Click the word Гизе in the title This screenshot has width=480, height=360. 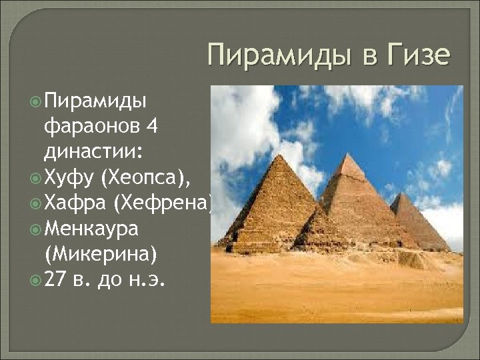pos(417,55)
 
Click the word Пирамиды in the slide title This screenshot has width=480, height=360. pos(280,55)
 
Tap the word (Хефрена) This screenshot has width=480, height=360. pos(164,203)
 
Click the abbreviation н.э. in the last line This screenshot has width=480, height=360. pos(151,280)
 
